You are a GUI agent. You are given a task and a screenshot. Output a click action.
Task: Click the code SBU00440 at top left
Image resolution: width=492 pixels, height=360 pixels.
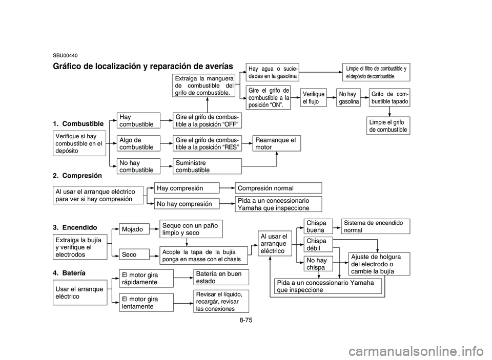point(65,54)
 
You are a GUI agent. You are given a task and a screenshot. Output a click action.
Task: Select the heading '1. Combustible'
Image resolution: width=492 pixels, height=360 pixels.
point(78,124)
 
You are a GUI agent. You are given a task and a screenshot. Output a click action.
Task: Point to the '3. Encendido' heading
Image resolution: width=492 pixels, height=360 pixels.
point(75,226)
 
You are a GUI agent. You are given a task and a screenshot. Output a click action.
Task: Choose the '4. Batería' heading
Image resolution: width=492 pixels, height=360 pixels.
point(69,272)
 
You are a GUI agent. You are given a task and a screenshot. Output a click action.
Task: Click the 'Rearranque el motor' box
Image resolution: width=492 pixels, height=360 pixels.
point(277,143)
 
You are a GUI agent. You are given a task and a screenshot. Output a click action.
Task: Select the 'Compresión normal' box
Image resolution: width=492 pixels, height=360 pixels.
point(278,188)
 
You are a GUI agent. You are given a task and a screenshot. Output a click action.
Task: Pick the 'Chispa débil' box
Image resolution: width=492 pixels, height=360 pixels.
point(318,244)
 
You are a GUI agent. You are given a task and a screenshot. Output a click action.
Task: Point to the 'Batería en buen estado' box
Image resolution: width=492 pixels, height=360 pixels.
point(221,277)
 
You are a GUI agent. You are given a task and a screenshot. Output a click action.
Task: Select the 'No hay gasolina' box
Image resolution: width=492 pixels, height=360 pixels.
point(348,98)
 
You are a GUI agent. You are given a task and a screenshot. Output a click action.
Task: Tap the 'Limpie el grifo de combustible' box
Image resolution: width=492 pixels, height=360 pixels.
point(388,126)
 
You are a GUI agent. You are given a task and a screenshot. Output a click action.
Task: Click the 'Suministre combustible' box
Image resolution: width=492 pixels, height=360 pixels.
point(207,166)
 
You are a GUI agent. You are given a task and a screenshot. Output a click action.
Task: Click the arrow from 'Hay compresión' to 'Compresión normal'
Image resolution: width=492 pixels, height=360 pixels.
point(227,188)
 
